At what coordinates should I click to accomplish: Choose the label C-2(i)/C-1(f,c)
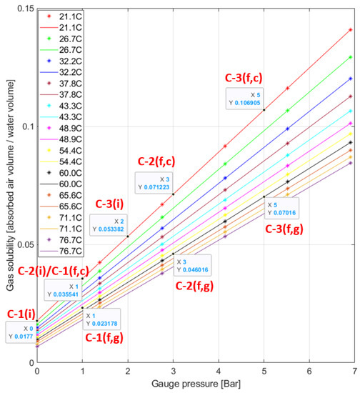54,269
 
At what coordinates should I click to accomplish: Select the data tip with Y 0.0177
19,332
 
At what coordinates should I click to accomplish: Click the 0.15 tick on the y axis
23,7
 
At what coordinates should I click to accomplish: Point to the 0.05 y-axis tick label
23,245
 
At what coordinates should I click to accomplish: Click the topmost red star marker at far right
351,30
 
